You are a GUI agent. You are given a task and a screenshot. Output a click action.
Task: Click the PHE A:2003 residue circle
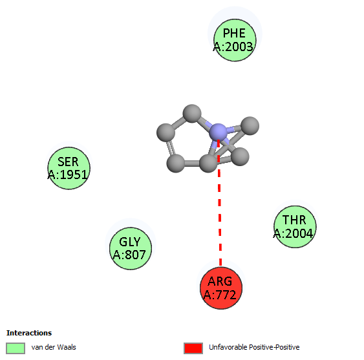[235, 40]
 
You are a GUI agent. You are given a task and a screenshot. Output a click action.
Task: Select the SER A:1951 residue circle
[69, 168]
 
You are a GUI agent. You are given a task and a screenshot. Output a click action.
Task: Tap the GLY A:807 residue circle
[131, 248]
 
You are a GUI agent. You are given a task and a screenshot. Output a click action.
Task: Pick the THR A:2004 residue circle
[295, 227]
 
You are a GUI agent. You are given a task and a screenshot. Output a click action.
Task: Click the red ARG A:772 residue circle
[221, 288]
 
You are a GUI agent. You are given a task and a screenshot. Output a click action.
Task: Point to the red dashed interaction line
[219, 202]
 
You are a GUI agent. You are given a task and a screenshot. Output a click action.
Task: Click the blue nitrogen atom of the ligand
[218, 132]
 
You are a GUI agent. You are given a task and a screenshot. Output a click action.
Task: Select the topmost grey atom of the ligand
[192, 114]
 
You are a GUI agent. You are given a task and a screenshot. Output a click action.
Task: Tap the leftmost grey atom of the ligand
[166, 132]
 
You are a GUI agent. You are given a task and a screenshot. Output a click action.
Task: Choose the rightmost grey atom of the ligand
[250, 126]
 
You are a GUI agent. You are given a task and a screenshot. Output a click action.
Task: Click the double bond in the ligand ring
[171, 148]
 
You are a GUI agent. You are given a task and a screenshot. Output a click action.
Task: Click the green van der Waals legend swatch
[16, 348]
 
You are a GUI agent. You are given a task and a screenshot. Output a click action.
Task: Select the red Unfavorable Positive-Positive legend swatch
[193, 348]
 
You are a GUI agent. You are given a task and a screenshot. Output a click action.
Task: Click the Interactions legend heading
[29, 333]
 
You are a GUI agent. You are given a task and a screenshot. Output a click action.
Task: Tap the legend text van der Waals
[54, 347]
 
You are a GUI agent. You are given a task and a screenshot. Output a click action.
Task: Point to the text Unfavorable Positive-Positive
[254, 347]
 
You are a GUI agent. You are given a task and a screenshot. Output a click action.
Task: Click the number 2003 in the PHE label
[239, 47]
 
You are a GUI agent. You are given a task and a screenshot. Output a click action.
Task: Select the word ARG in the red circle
[220, 281]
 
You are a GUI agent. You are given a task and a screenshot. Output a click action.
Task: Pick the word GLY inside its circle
[130, 242]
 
